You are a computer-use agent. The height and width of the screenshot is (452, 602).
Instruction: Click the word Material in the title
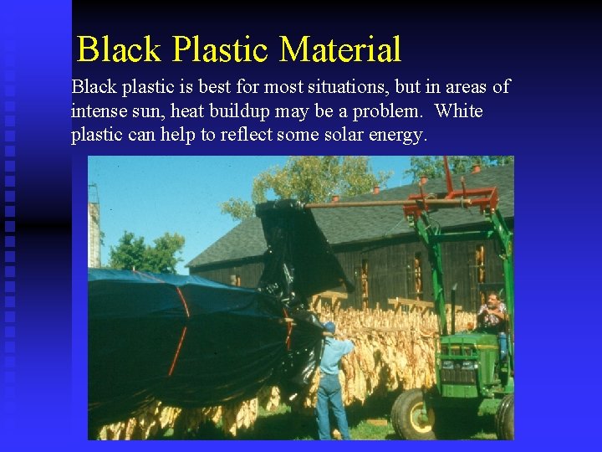pos(340,49)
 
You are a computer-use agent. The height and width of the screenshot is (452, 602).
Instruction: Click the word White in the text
pos(459,111)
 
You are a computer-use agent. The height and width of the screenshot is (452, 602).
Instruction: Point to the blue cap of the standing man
pos(329,327)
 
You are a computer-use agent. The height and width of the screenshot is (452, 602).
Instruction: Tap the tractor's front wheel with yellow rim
pos(414,415)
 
